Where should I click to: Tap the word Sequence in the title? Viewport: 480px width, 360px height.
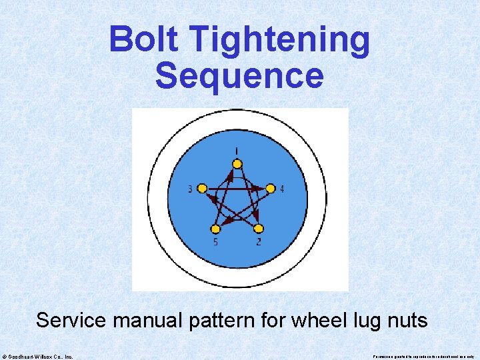[x=239, y=75]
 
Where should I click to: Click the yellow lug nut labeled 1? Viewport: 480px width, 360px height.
[x=237, y=164]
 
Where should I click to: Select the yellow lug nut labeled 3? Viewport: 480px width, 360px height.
[x=203, y=189]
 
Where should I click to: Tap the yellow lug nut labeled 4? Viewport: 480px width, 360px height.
[x=271, y=189]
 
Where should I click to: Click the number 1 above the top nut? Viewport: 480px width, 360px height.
[x=237, y=150]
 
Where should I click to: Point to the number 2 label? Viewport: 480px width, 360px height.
[x=259, y=242]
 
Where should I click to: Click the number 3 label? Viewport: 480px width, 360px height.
[x=191, y=189]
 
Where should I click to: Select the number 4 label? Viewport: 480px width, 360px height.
[x=282, y=189]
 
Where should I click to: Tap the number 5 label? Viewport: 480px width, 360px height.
[x=215, y=242]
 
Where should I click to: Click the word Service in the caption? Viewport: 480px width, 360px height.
[x=71, y=320]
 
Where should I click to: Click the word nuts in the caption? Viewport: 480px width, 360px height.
[x=407, y=321]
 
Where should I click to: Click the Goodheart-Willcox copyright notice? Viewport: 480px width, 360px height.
[x=38, y=356]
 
